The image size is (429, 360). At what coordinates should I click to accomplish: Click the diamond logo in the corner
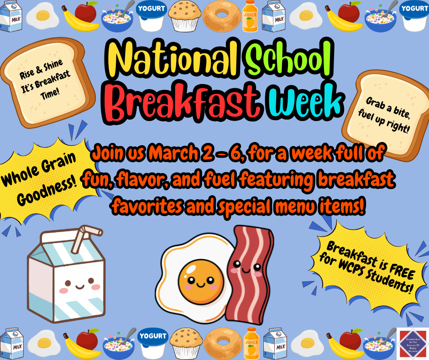click(412, 343)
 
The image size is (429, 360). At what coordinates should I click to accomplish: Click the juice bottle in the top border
click(250, 16)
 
